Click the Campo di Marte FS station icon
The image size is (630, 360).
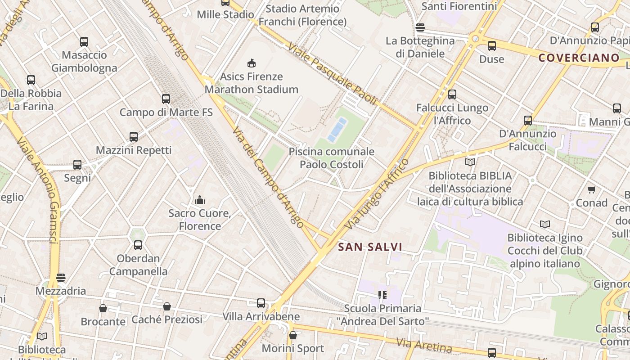(166, 99)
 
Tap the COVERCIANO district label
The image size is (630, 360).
(579, 58)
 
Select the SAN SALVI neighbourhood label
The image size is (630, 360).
(370, 247)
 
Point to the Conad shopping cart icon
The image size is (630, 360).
(591, 190)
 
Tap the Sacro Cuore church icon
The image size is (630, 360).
(200, 200)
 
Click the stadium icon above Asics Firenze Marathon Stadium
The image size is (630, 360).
(252, 63)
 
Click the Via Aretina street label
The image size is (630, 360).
(424, 345)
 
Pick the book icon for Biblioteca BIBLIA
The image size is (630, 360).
(470, 162)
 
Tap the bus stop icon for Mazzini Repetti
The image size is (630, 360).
(134, 137)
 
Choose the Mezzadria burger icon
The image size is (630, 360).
(61, 278)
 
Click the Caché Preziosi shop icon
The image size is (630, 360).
(167, 306)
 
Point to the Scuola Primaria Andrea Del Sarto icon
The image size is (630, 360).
(382, 295)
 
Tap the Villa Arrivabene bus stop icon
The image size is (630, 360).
(261, 303)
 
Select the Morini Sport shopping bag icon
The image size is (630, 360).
(293, 335)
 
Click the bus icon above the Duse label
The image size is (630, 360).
(492, 45)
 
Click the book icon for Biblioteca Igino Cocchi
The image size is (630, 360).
(544, 224)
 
